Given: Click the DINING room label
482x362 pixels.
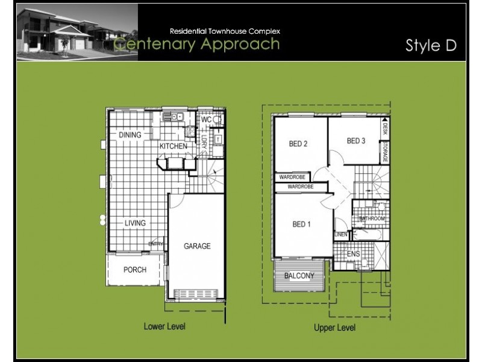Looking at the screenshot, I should (x=130, y=135).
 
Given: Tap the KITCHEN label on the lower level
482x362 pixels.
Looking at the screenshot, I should (x=174, y=147).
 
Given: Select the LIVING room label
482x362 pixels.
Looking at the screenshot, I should (x=135, y=223).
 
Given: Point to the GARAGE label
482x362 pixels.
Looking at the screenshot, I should (x=197, y=246).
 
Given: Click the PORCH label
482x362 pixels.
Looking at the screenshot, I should (x=134, y=270).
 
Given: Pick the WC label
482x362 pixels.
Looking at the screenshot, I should (x=206, y=120).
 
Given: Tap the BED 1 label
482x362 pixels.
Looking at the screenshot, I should (x=301, y=225).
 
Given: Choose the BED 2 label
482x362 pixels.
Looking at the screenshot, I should (x=298, y=144).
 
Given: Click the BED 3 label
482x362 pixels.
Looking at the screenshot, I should (x=356, y=141).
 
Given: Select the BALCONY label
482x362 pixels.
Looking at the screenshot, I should (x=299, y=276).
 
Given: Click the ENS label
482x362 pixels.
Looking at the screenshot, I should (x=353, y=254).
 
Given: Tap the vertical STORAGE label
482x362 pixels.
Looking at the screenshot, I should (x=384, y=151).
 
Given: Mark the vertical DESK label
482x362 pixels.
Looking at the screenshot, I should (x=384, y=127).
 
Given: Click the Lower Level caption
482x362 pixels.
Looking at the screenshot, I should (x=164, y=326).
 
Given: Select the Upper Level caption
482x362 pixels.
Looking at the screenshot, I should (x=334, y=328).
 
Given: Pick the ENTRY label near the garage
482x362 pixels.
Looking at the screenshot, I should (x=156, y=244).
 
